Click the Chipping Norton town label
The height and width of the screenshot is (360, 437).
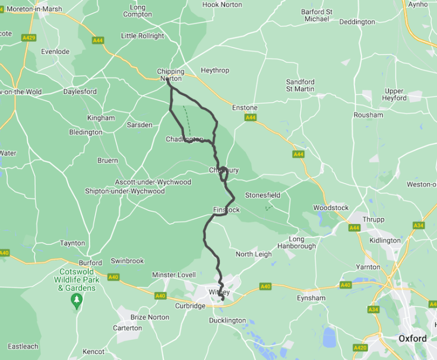(x=170, y=75)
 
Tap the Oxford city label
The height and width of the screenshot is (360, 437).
(x=412, y=339)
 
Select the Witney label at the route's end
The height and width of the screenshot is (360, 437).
(x=219, y=292)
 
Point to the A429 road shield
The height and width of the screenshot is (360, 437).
(x=28, y=37)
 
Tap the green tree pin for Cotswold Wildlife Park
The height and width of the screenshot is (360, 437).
(x=77, y=301)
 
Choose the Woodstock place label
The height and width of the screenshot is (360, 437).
(x=331, y=208)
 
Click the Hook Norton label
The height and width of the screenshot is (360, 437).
(x=222, y=5)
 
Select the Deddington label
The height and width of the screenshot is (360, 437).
(x=357, y=22)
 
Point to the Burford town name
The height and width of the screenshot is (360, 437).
(x=90, y=263)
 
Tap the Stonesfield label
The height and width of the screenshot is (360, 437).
(x=262, y=195)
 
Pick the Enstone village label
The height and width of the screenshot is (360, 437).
(x=245, y=108)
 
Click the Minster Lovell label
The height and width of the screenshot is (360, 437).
(x=173, y=275)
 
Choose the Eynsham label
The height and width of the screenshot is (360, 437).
(x=311, y=298)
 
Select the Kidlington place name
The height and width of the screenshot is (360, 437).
(x=385, y=240)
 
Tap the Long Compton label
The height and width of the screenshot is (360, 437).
(x=137, y=11)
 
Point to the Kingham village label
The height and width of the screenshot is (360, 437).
(x=100, y=118)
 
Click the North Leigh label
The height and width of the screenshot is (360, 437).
(x=254, y=254)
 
